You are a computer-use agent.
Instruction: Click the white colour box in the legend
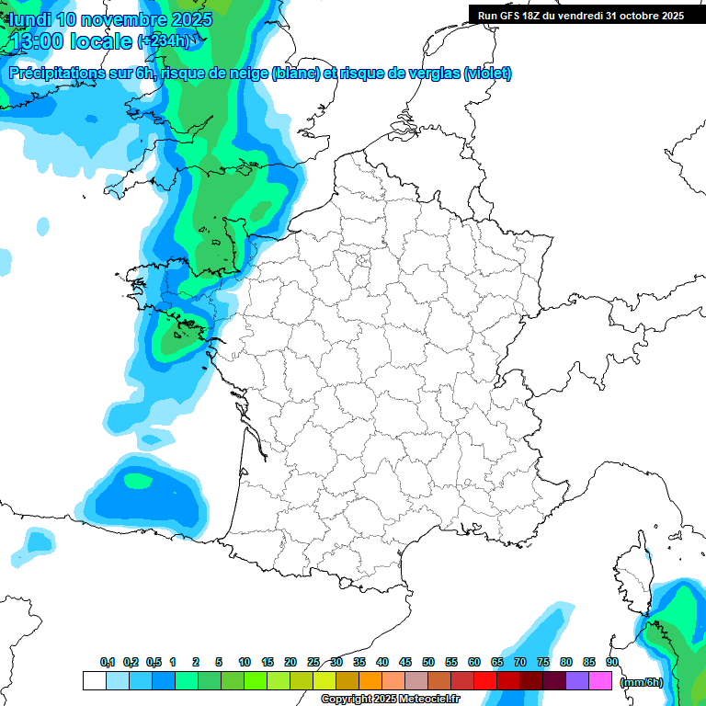[x=94, y=681]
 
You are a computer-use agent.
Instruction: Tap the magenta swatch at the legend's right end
[x=600, y=681]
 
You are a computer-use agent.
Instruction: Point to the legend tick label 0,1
[x=108, y=662]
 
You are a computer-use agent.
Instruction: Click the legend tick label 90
[x=611, y=662]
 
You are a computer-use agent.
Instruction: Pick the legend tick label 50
[x=428, y=662]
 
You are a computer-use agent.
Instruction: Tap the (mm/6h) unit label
[x=642, y=682]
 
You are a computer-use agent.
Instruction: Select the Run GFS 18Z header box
[x=580, y=15]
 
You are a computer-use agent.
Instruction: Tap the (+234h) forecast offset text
[x=165, y=41]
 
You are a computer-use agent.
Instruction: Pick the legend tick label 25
[x=313, y=662]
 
